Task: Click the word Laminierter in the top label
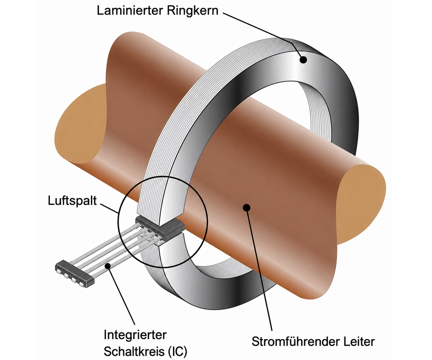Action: pos(130,11)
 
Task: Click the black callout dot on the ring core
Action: pos(303,60)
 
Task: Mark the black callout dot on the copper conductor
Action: pos(246,207)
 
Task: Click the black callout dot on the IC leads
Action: pos(108,266)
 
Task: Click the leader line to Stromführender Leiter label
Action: pos(259,268)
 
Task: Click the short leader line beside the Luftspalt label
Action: pos(109,208)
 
